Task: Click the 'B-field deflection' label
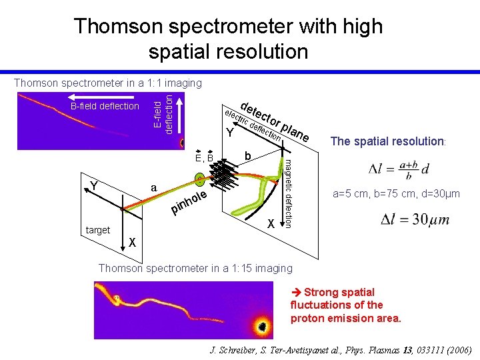coord(105,106)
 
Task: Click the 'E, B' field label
coord(203,159)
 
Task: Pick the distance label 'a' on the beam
coord(154,189)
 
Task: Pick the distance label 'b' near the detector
coord(247,155)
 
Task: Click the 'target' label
coord(98,230)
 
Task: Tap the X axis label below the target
coord(133,242)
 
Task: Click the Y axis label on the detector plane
coord(229,132)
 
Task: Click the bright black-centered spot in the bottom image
coord(261,326)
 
